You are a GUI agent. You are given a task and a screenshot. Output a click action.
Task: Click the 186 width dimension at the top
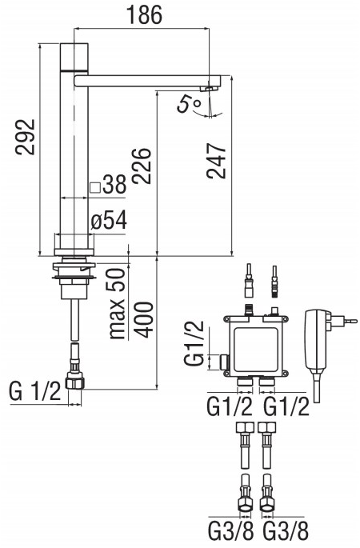(144, 14)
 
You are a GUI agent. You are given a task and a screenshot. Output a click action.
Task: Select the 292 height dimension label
(26, 137)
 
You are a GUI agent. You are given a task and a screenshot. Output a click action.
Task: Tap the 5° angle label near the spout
(189, 104)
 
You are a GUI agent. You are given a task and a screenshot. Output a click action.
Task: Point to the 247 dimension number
(216, 161)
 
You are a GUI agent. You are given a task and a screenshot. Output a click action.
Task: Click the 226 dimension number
(142, 166)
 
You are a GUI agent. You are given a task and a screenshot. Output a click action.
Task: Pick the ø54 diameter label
(109, 221)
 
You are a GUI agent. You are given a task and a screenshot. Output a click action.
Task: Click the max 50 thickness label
(117, 303)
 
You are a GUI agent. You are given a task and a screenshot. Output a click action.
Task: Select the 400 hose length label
(144, 319)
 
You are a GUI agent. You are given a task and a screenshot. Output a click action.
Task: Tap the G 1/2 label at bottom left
(35, 391)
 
